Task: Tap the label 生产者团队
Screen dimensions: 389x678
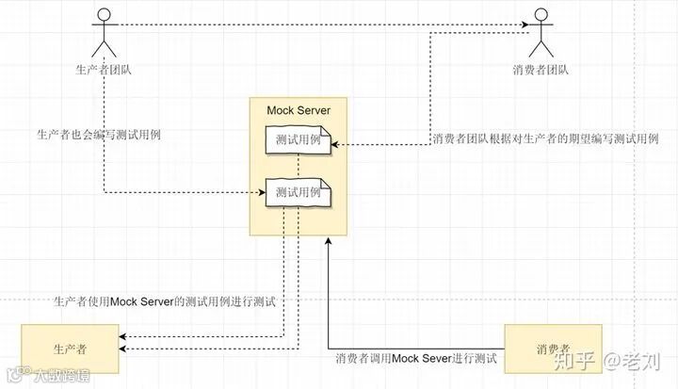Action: [103, 69]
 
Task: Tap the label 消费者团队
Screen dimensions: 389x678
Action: [541, 69]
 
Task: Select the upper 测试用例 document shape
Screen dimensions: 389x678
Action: [296, 142]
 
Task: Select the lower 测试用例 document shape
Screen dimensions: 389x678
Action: [296, 192]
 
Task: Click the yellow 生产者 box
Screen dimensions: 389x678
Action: [70, 348]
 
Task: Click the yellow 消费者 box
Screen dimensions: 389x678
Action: [552, 348]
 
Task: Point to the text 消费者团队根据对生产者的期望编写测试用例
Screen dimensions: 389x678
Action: [545, 139]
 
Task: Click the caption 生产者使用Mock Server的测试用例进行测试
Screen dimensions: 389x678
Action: [165, 301]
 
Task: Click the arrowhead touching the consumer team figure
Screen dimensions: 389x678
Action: [527, 24]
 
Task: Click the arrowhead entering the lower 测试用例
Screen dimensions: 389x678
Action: [263, 192]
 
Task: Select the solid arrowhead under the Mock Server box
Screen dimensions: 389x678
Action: [327, 241]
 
